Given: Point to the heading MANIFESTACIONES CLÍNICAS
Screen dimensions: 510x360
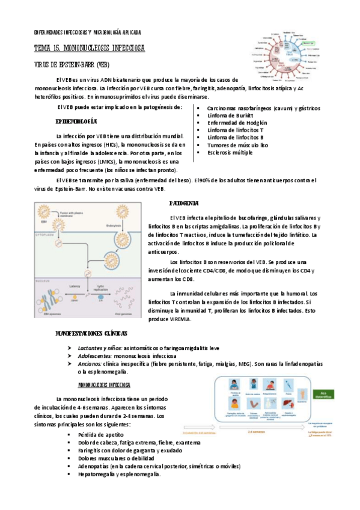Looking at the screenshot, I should click(91, 333).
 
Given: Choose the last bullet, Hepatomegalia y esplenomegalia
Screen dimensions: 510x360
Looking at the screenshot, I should click(118, 474).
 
